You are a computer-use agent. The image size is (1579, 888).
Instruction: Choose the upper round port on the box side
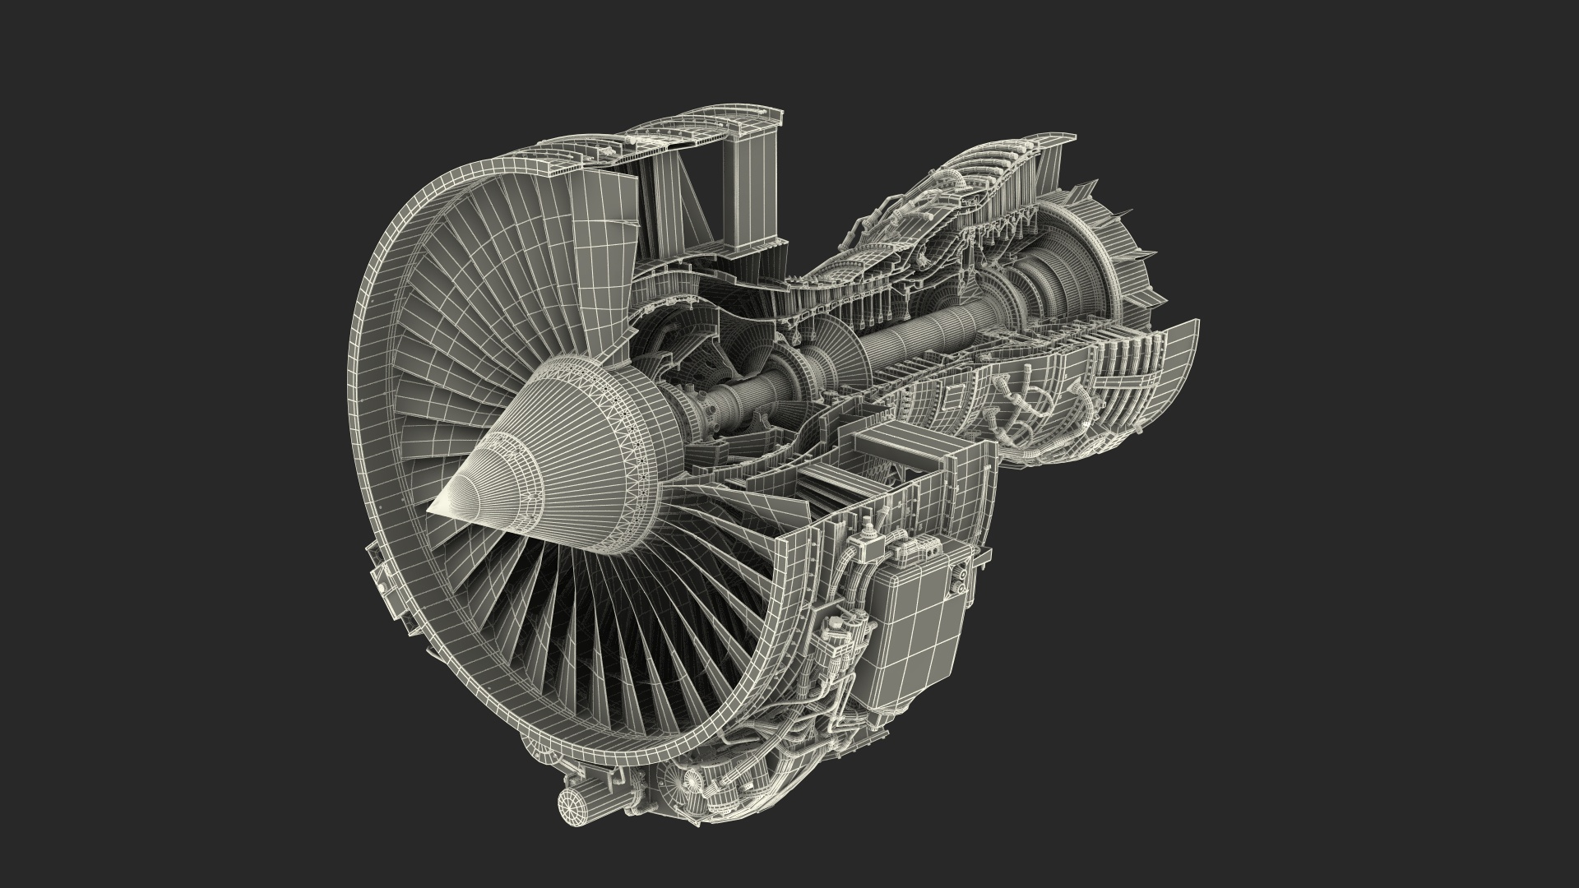coord(958,567)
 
